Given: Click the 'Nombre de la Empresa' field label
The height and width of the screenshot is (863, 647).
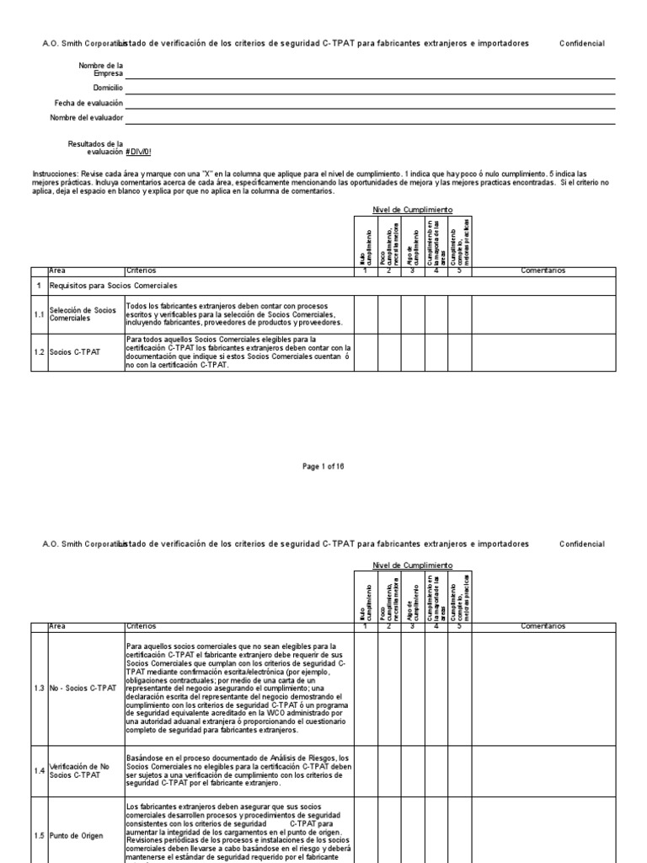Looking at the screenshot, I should [x=100, y=69].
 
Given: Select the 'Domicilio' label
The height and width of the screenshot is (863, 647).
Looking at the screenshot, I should [x=108, y=88].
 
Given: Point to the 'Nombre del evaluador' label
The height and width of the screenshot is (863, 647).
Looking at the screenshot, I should [x=87, y=117].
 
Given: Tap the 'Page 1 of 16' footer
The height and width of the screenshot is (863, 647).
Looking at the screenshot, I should [x=323, y=466].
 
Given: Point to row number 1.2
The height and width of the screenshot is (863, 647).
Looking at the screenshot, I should [x=39, y=352].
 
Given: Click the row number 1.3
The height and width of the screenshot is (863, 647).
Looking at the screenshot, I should [x=39, y=689].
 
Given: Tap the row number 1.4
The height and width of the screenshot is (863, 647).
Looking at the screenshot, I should [x=39, y=770].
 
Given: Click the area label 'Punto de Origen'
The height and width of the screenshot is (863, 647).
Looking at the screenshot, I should [x=78, y=835].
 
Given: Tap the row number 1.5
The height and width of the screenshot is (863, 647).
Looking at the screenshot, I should [x=39, y=835].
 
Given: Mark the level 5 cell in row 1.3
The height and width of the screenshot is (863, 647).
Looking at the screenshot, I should [x=460, y=689].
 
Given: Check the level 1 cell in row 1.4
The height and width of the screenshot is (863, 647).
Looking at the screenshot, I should [x=366, y=770].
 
